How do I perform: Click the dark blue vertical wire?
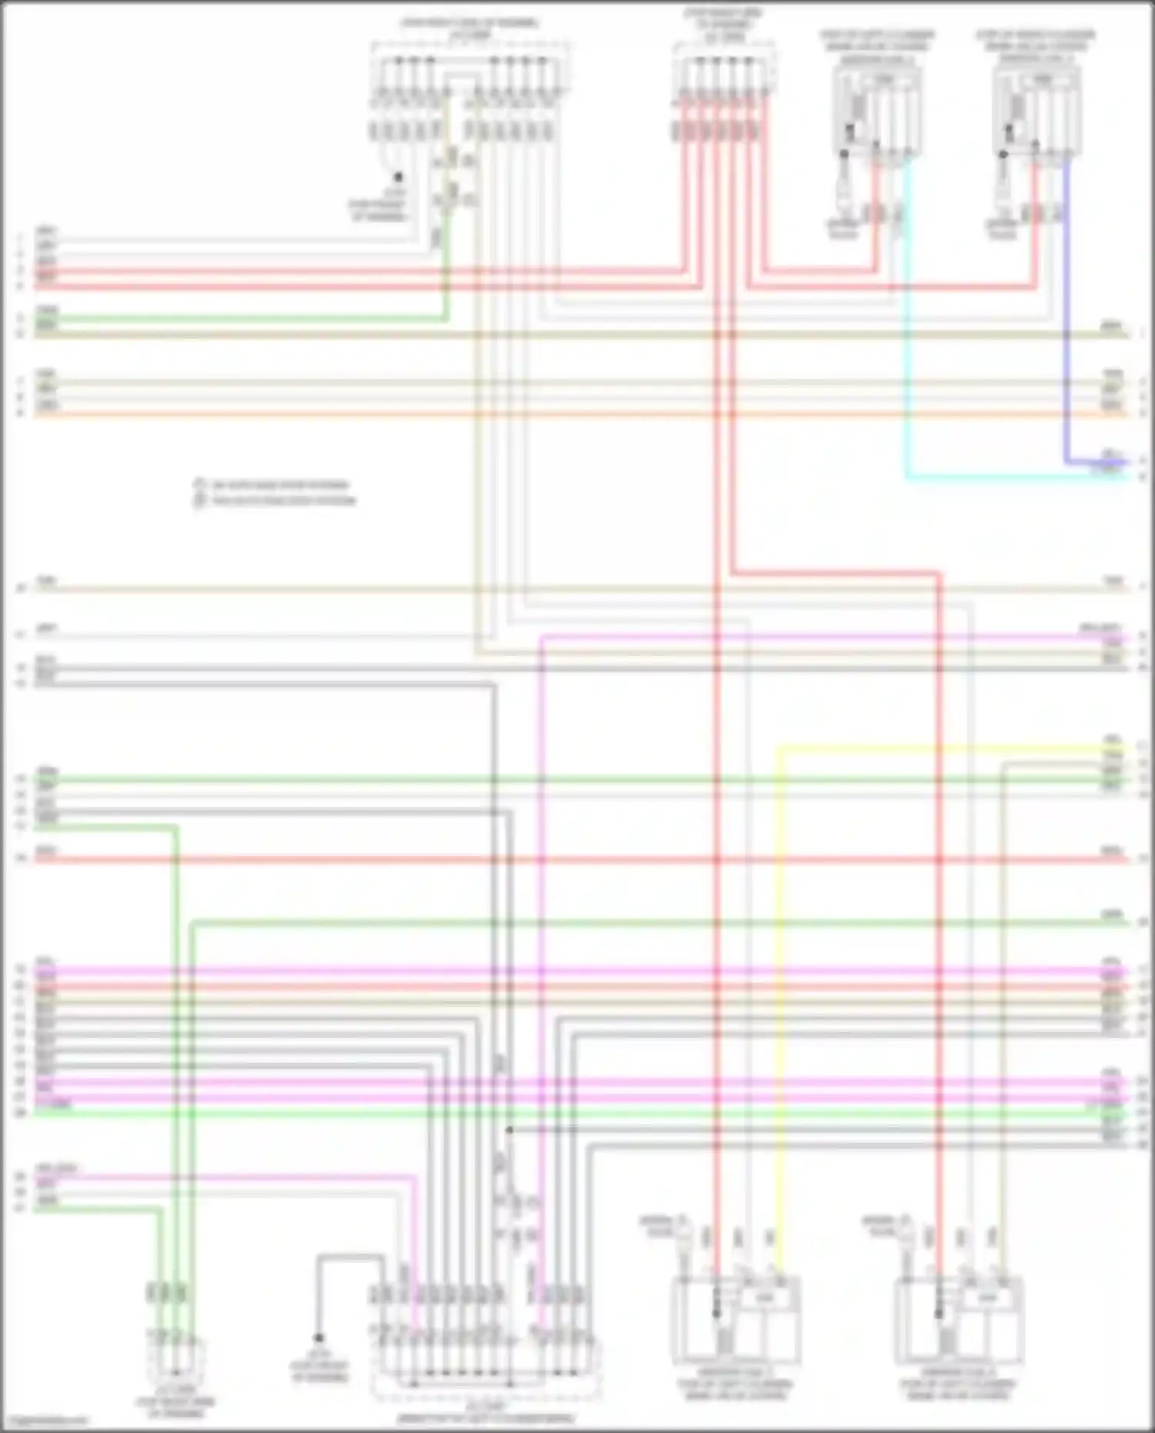(x=1066, y=308)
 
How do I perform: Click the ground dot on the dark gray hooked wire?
(x=318, y=1338)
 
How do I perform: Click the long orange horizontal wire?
(x=577, y=414)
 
